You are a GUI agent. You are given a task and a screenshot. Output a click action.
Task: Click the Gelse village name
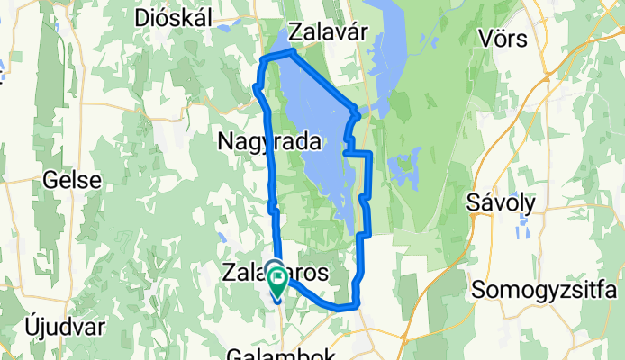pos(72,180)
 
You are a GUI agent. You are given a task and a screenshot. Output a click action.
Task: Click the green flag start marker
pos(276,282)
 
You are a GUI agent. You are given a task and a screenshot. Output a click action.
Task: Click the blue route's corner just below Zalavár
pos(292,54)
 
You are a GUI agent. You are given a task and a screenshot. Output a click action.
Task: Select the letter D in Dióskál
pos(140,17)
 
